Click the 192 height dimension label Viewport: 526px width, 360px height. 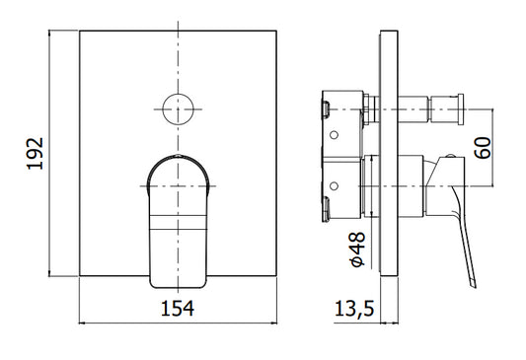(x=36, y=153)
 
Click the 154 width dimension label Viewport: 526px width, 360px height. (x=178, y=308)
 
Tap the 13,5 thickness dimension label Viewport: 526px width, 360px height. (x=354, y=308)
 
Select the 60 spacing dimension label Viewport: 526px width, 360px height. (x=483, y=148)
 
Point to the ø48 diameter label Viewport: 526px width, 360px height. (x=357, y=250)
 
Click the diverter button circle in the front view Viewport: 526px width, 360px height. (x=178, y=109)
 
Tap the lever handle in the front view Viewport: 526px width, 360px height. (x=178, y=221)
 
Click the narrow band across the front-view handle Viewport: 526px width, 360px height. (x=178, y=222)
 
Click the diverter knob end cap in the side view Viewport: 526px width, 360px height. (x=461, y=109)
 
